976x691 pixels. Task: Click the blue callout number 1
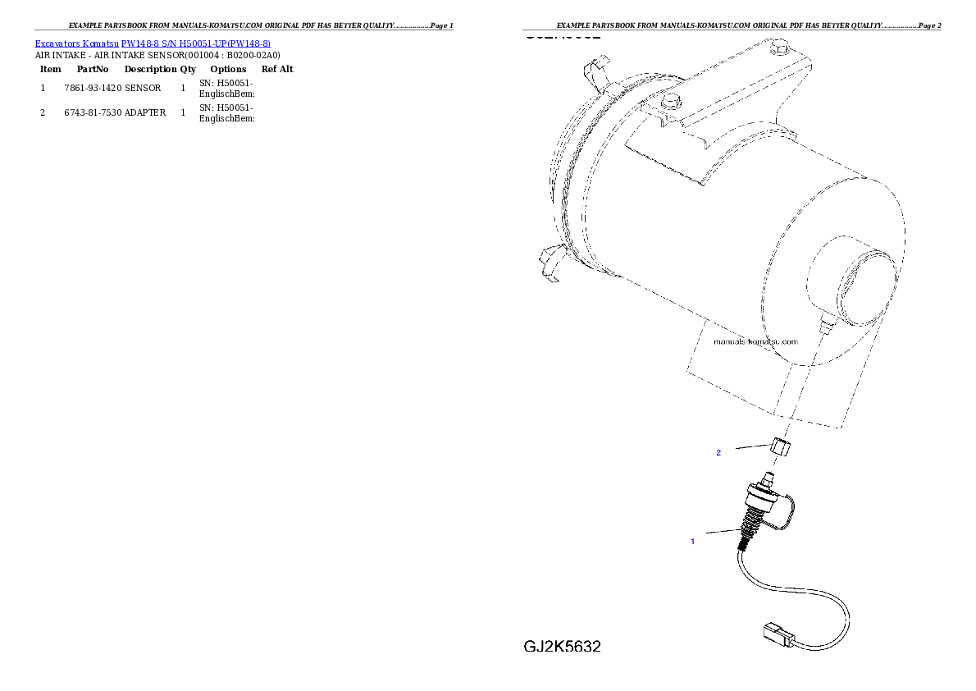(x=693, y=542)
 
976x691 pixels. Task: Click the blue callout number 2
(x=718, y=453)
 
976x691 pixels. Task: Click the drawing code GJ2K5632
(x=563, y=647)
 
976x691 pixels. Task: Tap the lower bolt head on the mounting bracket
(x=670, y=101)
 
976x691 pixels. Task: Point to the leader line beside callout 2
(x=750, y=447)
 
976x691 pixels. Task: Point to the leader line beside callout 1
(x=723, y=532)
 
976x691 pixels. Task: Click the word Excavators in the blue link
(x=52, y=43)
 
